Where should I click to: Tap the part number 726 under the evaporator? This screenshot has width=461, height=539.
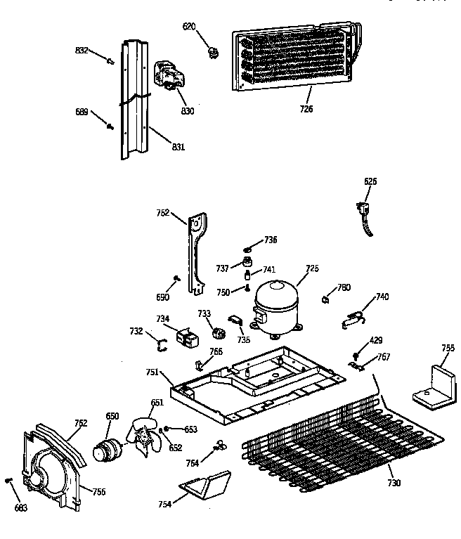click(306, 109)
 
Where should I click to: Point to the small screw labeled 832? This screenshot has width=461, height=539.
click(110, 61)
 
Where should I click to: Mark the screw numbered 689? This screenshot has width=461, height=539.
click(110, 126)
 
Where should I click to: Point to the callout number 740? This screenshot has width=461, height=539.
click(382, 297)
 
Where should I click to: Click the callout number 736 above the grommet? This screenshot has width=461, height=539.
click(271, 240)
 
